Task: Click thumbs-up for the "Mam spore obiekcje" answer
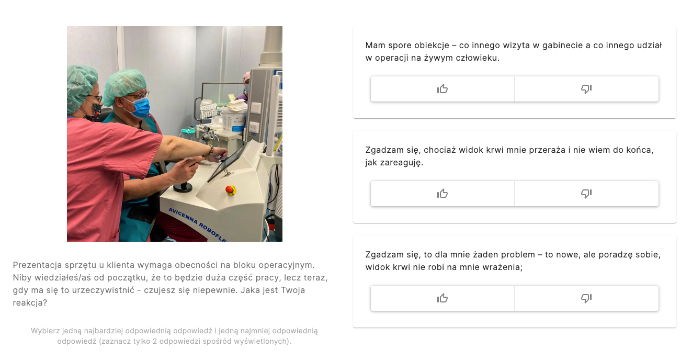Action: (x=443, y=89)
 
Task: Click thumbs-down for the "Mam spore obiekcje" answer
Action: (x=586, y=89)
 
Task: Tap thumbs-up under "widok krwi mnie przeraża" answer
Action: (x=443, y=194)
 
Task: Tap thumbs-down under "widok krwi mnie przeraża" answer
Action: (x=586, y=194)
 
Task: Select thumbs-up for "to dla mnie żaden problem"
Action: (x=443, y=298)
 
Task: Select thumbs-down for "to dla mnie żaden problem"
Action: (x=586, y=298)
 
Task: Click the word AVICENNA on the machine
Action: (x=183, y=216)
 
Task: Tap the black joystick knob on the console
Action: (x=183, y=186)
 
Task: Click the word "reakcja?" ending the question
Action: (x=30, y=303)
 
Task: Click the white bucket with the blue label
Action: (x=234, y=121)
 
